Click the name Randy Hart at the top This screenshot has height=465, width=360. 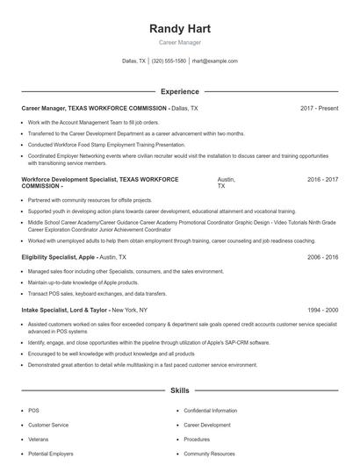[180, 29]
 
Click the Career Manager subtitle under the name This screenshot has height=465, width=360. [180, 42]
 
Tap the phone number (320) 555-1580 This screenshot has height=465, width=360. [169, 61]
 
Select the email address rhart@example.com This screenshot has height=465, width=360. [214, 61]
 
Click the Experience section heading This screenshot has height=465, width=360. [180, 91]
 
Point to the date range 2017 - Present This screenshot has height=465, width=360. [319, 108]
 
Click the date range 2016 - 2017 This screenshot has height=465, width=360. [322, 179]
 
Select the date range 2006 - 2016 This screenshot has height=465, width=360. [322, 257]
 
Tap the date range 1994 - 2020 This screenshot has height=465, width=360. [322, 310]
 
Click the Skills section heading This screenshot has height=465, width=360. [180, 390]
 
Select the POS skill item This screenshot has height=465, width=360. [33, 411]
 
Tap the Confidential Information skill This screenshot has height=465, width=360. [210, 411]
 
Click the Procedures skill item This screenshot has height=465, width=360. [197, 440]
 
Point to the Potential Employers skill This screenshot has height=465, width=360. [50, 454]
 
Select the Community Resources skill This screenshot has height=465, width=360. [210, 454]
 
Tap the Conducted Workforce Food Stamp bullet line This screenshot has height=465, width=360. [106, 144]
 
